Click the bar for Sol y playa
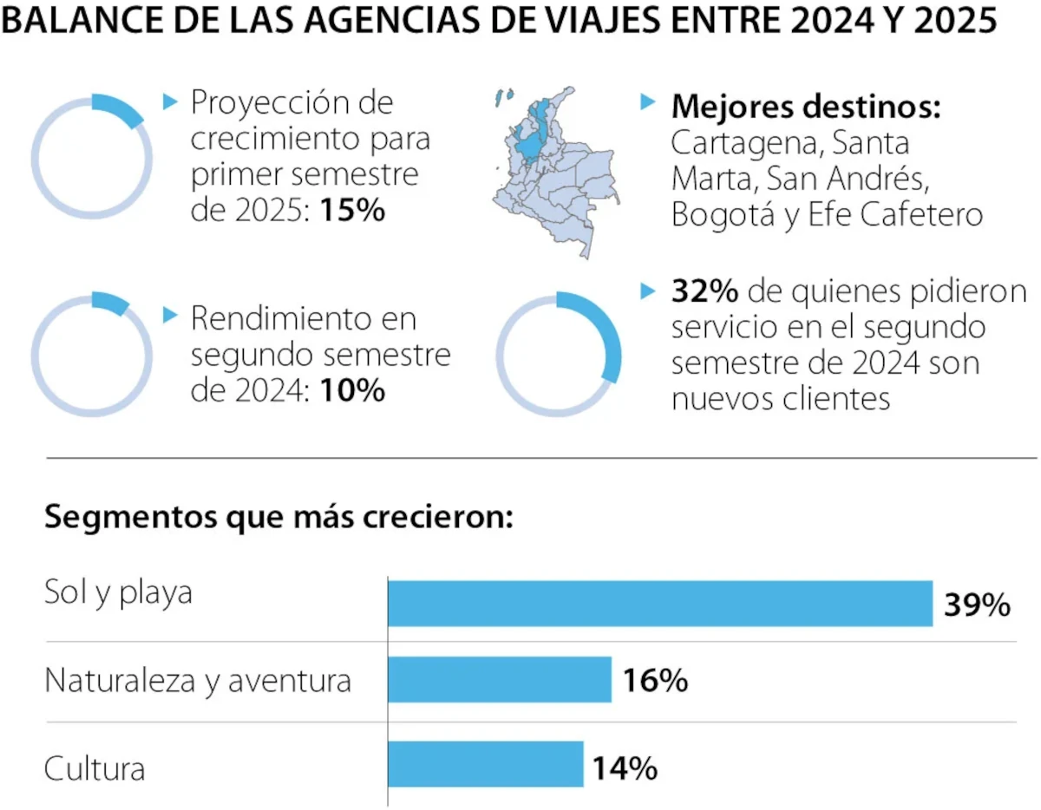tap(659, 604)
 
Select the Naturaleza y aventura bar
tap(500, 679)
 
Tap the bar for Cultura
tap(485, 764)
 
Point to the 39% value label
tap(977, 604)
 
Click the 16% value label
tap(655, 681)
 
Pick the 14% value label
tap(625, 768)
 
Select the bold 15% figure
tap(352, 211)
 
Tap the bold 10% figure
tap(352, 390)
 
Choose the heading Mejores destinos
tap(807, 108)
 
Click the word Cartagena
tap(740, 142)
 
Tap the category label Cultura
tap(95, 768)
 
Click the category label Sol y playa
tap(118, 594)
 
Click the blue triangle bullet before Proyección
tap(170, 101)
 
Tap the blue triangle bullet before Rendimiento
tap(170, 316)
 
